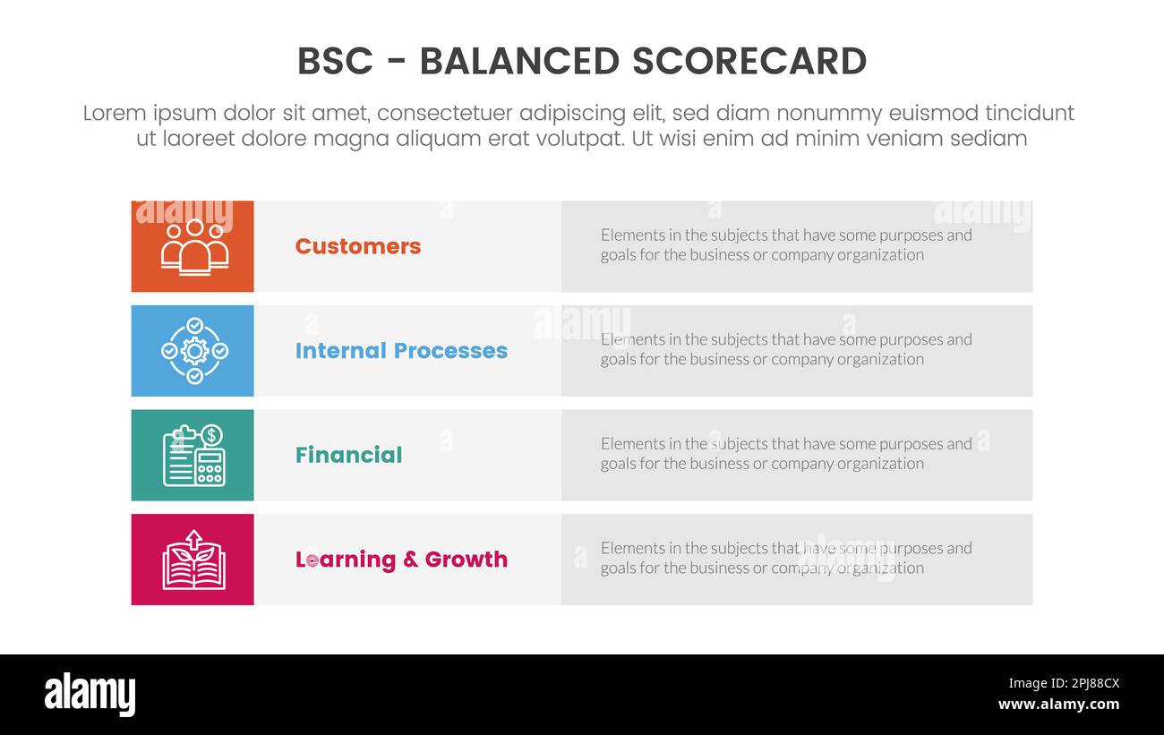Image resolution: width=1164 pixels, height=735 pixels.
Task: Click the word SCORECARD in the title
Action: (x=749, y=62)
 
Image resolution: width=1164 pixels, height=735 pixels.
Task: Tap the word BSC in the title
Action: (x=332, y=62)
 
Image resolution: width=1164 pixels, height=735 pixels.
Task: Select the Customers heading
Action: (x=357, y=246)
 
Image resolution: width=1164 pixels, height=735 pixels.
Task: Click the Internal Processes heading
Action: (x=401, y=351)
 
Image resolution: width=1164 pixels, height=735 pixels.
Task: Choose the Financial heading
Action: (x=348, y=455)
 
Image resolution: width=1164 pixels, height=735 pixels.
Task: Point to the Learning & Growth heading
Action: (x=401, y=560)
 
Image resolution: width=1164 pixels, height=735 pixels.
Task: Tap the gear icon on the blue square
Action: (x=194, y=351)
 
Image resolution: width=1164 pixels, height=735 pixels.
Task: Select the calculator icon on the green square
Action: (x=210, y=466)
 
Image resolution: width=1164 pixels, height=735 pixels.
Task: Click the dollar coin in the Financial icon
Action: (x=212, y=435)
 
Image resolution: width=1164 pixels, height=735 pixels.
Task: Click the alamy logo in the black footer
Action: (x=90, y=695)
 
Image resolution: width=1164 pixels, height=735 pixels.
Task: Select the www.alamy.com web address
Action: (x=1058, y=705)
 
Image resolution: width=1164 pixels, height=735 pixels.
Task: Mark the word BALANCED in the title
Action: (x=519, y=62)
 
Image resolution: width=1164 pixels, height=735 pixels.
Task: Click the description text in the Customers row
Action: (x=785, y=245)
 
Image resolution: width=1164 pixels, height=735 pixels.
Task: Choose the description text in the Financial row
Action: (x=785, y=454)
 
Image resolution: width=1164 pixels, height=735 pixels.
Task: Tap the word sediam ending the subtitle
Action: (x=989, y=139)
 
